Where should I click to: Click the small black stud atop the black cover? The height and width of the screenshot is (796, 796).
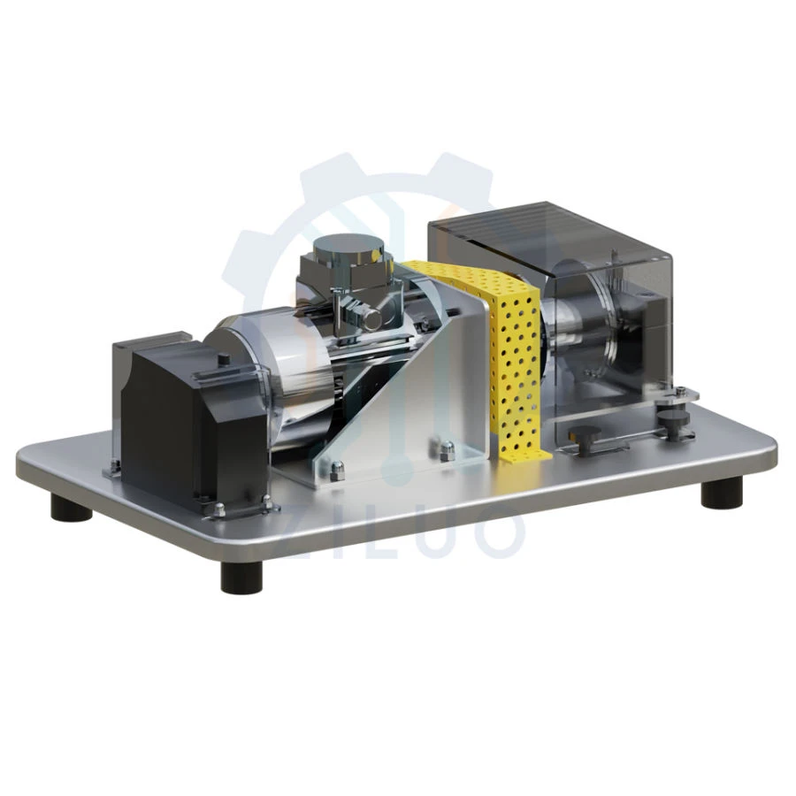pyautogui.click(x=224, y=359)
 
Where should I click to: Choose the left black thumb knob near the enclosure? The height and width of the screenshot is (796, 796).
pyautogui.click(x=583, y=434)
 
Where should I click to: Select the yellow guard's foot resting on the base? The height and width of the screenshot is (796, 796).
pyautogui.click(x=522, y=455)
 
